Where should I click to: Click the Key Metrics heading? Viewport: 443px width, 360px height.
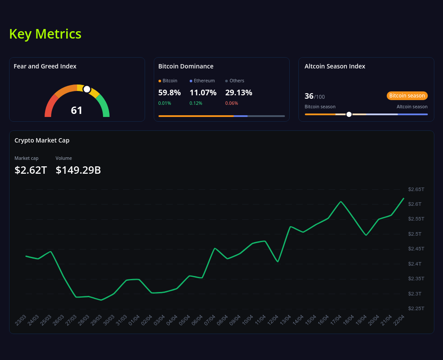[x=45, y=34]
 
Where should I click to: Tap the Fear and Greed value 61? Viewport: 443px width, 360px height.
[x=77, y=110]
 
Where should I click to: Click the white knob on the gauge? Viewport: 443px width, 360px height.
[x=87, y=89]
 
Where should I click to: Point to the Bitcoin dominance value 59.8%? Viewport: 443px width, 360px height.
[x=169, y=92]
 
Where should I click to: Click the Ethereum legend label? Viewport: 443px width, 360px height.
[x=204, y=81]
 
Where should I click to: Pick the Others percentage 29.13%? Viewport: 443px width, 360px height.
[x=239, y=92]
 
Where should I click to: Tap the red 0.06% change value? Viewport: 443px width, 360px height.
[x=231, y=103]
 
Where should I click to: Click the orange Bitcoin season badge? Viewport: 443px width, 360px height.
[x=407, y=96]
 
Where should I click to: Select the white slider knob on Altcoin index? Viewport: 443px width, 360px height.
[x=349, y=114]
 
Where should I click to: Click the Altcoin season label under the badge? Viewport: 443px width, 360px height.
[x=412, y=107]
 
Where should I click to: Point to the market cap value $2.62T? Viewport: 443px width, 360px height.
[x=31, y=170]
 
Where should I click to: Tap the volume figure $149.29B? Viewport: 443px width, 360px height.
[x=78, y=170]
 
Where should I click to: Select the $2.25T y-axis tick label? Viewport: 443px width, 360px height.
[x=416, y=308]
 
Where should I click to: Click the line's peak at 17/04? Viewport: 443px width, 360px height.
[x=341, y=201]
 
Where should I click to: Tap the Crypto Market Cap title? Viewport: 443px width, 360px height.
[x=42, y=140]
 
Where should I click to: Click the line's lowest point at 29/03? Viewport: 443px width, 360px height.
[x=101, y=300]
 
